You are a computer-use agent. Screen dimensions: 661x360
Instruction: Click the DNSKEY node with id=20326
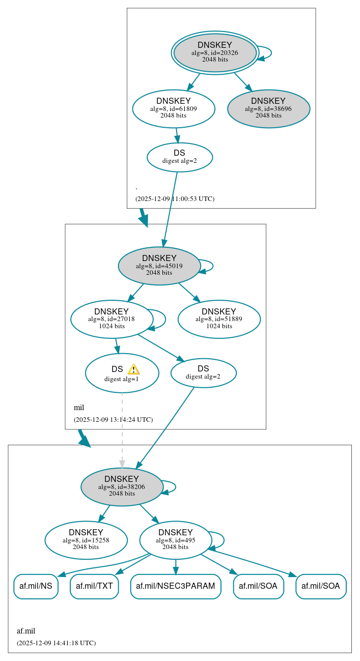click(x=215, y=52)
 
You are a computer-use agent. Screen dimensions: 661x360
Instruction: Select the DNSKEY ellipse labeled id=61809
click(x=174, y=108)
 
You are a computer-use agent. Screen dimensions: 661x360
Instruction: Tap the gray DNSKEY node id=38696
click(x=268, y=108)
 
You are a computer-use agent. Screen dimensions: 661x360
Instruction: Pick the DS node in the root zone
click(x=179, y=157)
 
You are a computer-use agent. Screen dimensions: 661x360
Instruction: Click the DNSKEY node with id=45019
click(x=159, y=266)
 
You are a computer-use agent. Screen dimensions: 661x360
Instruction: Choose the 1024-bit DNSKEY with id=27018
click(x=112, y=319)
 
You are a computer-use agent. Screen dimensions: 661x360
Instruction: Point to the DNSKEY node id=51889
click(x=219, y=319)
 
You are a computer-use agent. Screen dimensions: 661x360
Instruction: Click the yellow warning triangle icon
click(x=133, y=369)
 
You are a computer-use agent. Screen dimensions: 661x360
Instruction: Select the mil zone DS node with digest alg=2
click(x=203, y=372)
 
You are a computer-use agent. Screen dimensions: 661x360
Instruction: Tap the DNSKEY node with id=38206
click(x=122, y=486)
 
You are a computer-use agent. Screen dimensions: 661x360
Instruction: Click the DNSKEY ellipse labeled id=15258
click(x=86, y=540)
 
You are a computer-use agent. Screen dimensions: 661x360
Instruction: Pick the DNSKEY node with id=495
click(x=175, y=540)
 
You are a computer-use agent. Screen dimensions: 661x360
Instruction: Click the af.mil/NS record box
click(x=36, y=586)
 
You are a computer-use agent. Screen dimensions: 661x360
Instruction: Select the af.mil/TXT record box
click(x=94, y=586)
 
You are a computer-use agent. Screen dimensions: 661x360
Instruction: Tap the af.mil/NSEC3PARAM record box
click(x=176, y=586)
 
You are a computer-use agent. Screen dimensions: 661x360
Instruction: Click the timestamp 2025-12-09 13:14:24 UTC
click(x=113, y=420)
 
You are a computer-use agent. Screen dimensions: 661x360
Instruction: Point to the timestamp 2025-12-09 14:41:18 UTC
click(x=56, y=643)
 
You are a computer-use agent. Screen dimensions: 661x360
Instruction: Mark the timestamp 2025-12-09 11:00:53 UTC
click(x=175, y=198)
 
